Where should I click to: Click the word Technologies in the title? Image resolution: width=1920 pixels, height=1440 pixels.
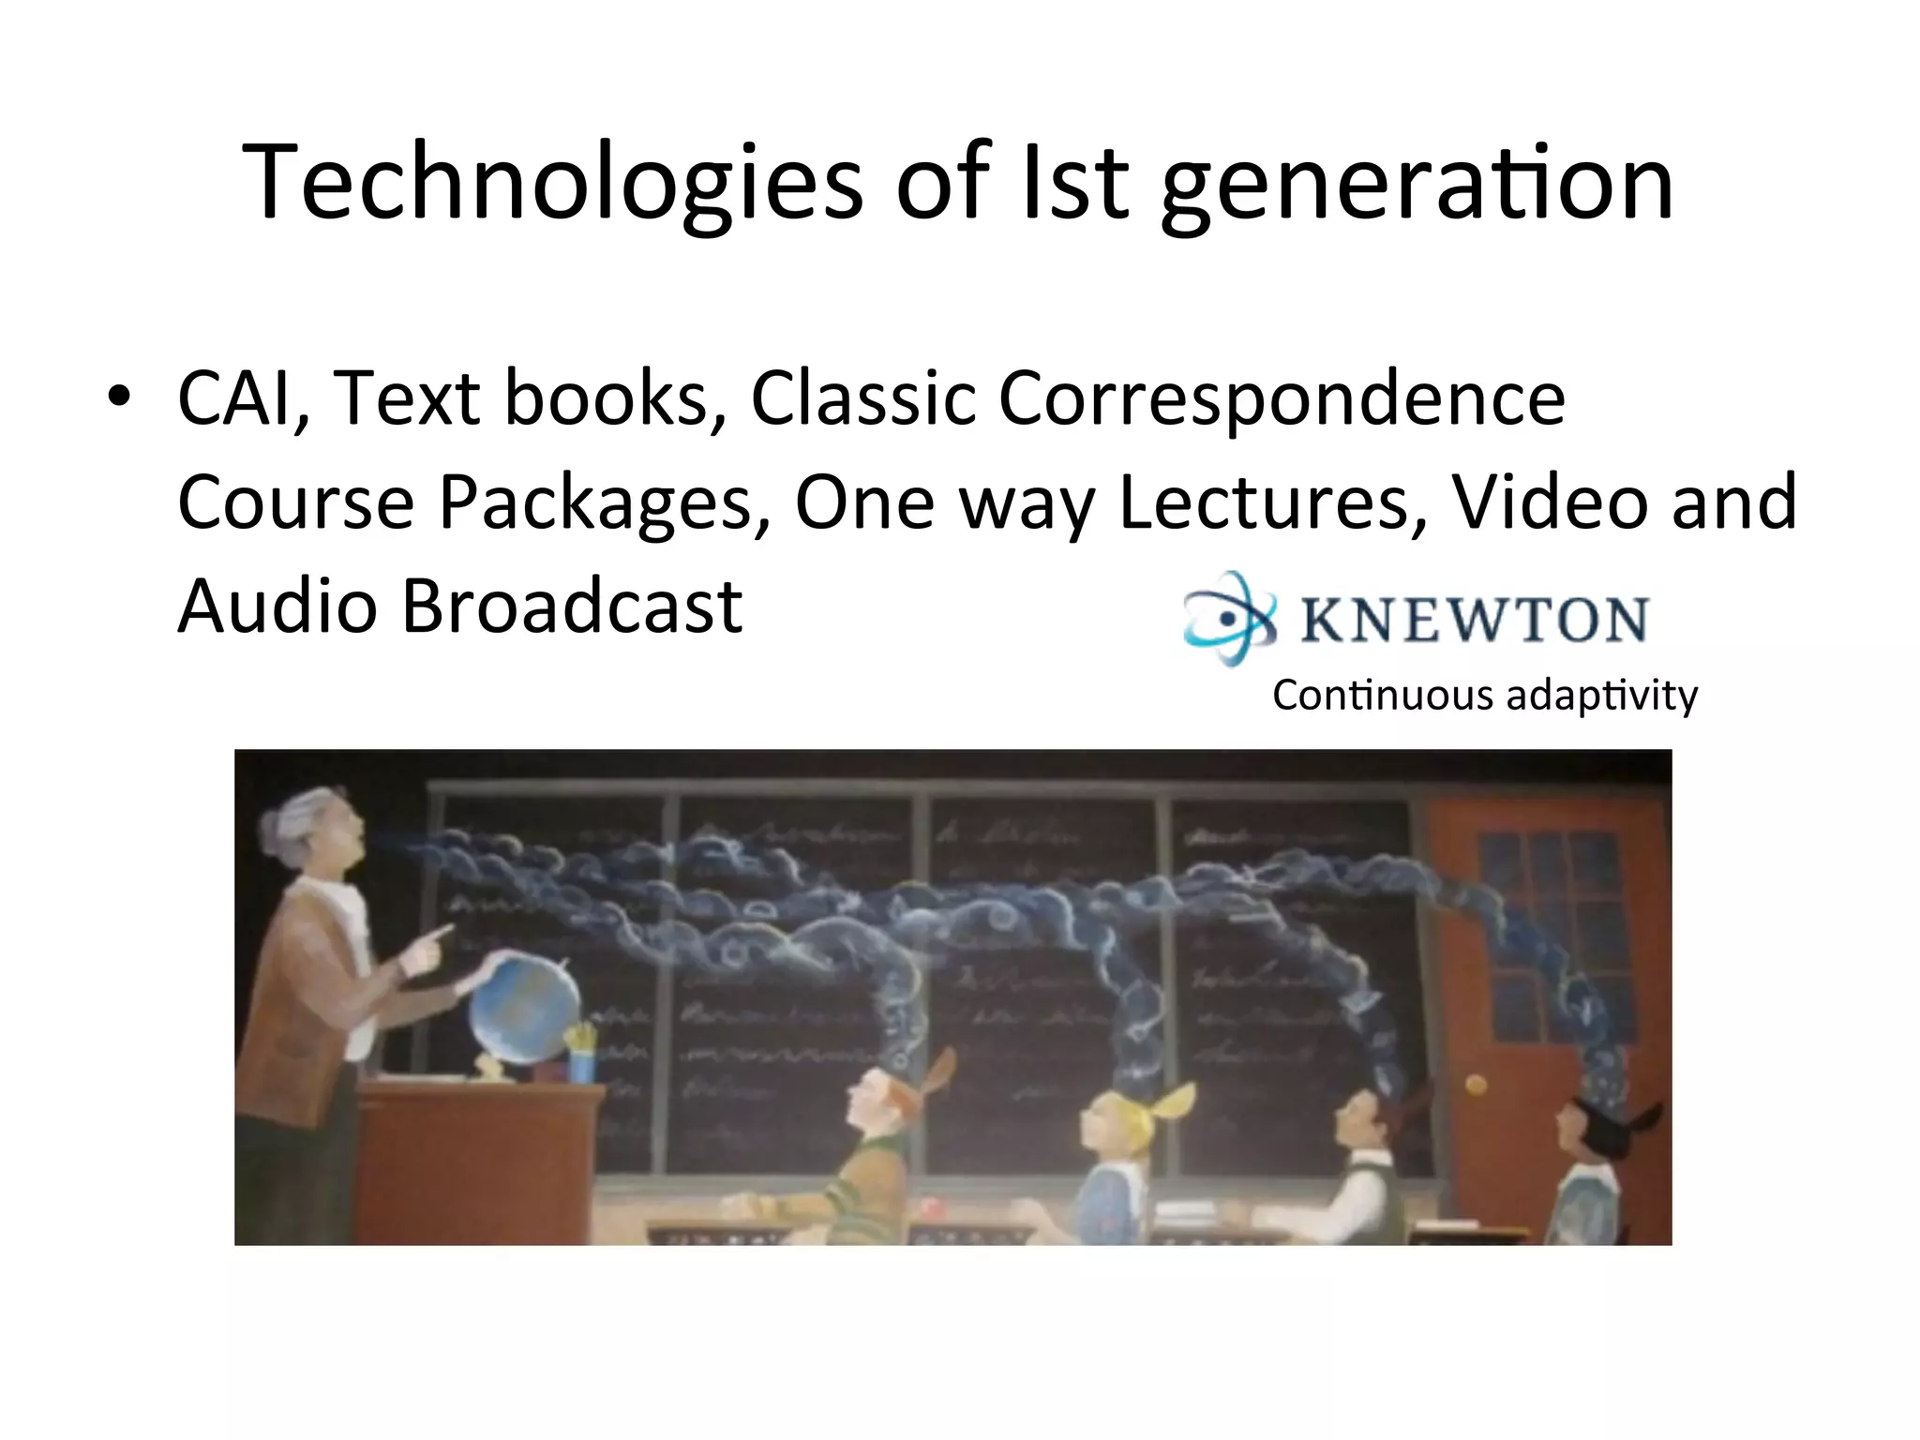(x=551, y=182)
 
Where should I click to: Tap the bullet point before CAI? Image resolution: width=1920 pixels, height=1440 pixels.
(x=118, y=397)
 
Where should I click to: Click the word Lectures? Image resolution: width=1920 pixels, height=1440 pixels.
(x=1273, y=502)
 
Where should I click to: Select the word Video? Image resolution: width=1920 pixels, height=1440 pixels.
(x=1549, y=502)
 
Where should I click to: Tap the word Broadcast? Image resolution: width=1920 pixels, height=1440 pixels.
(x=572, y=606)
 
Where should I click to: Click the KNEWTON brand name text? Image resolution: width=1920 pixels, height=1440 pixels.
(x=1474, y=620)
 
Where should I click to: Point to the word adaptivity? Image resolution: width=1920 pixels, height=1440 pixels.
(x=1602, y=696)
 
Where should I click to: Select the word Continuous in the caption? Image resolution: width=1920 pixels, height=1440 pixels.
(x=1382, y=696)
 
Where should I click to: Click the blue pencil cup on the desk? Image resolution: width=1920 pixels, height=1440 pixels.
(x=581, y=1064)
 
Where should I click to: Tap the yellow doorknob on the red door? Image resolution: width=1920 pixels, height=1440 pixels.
(x=1475, y=1085)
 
